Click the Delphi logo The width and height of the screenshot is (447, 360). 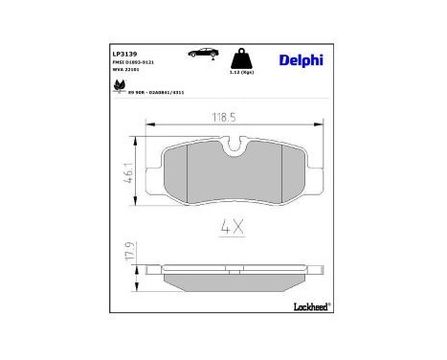click(x=302, y=58)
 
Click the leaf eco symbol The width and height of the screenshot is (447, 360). click(x=119, y=87)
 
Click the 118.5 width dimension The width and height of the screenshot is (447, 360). click(x=225, y=119)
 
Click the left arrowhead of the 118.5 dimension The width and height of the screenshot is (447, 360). click(x=149, y=125)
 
